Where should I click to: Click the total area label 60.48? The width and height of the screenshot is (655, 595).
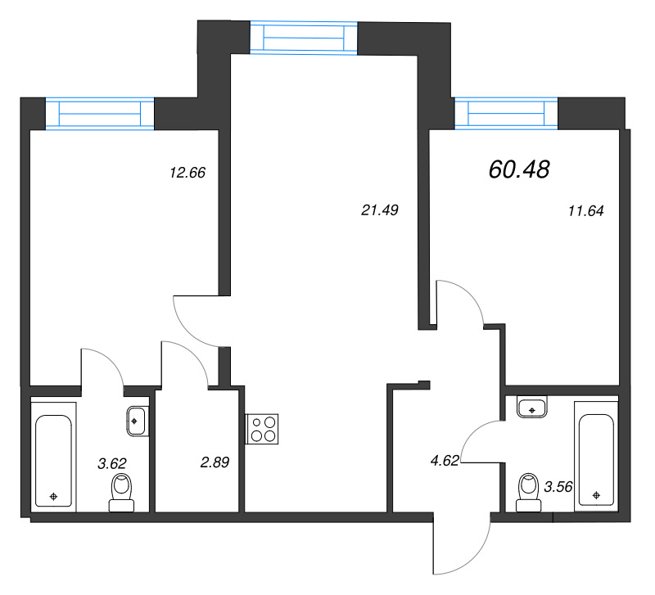click(x=518, y=169)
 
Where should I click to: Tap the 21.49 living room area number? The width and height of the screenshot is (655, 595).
click(x=379, y=210)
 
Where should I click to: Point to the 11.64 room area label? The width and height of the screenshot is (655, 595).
click(x=585, y=210)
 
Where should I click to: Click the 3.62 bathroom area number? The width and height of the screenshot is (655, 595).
click(x=112, y=463)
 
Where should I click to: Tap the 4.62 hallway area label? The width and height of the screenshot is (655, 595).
click(x=443, y=461)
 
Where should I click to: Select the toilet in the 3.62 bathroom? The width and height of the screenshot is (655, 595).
click(x=121, y=494)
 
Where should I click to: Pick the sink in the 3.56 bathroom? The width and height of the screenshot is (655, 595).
click(x=533, y=407)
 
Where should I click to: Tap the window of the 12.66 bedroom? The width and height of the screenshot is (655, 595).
click(x=100, y=113)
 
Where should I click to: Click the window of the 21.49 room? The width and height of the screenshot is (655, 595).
click(x=304, y=38)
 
